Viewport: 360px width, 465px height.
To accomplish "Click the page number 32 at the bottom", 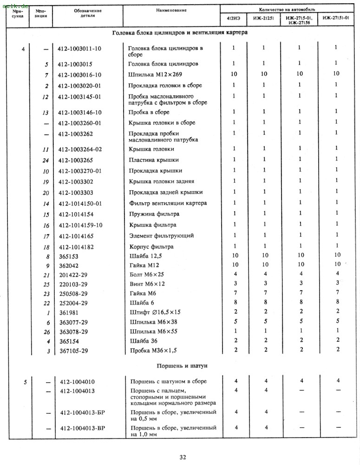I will pos(183,456).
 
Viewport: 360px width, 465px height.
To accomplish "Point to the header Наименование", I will pos(171,10).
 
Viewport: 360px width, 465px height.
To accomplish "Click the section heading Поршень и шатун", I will pos(182,366).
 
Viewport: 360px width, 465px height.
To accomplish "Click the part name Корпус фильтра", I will pos(151,246).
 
